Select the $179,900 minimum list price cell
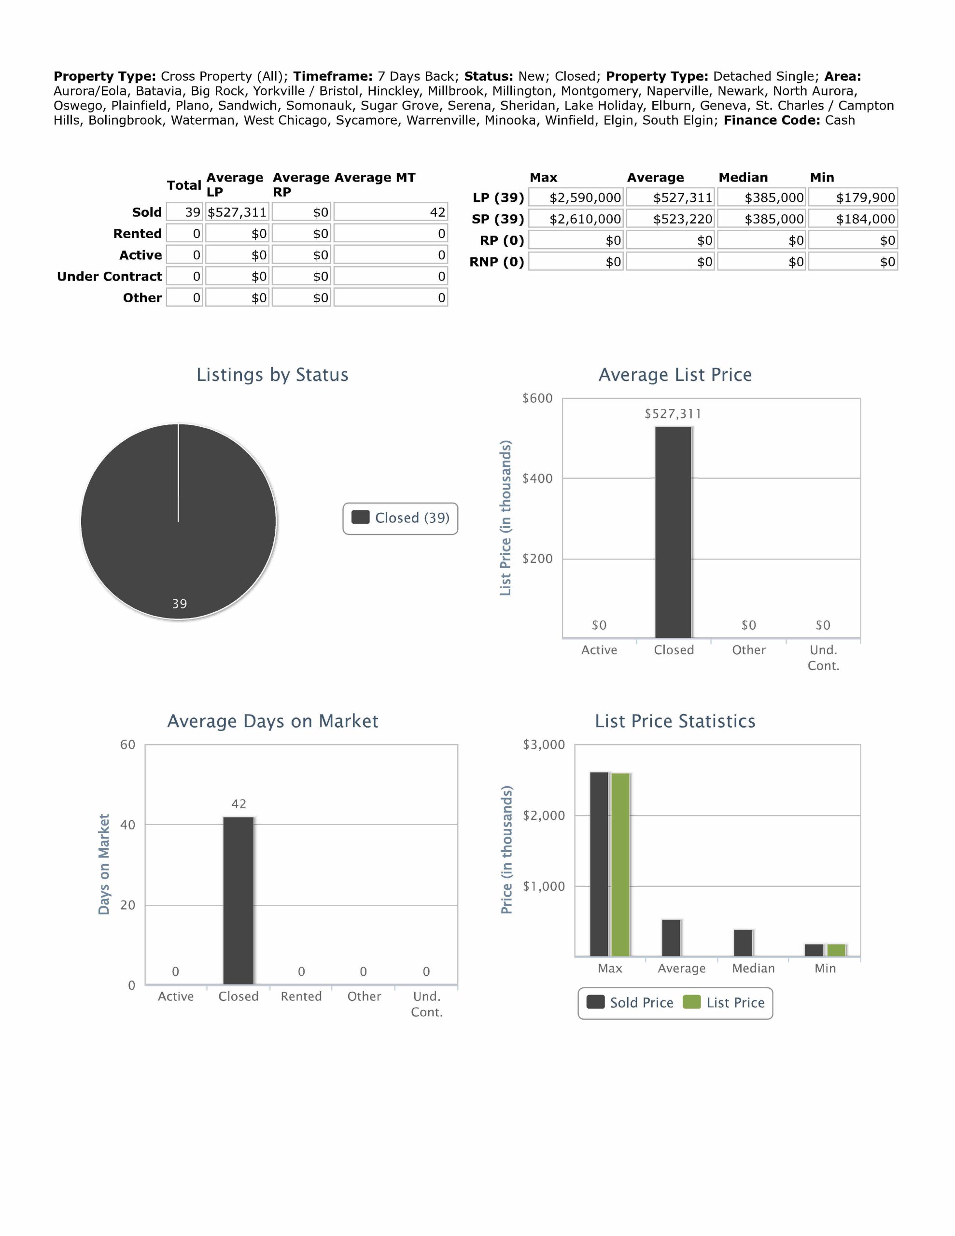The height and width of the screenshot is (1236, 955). click(853, 197)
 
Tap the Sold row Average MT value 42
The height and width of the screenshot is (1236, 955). click(391, 212)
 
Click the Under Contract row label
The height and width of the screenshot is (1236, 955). click(109, 276)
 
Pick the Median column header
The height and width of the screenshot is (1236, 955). click(743, 177)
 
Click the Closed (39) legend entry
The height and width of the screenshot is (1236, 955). click(400, 518)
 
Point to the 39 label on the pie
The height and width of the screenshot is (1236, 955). click(180, 604)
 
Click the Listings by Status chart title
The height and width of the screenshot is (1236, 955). click(272, 375)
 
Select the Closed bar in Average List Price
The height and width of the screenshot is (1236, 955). click(673, 532)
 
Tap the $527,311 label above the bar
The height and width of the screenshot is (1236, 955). click(673, 414)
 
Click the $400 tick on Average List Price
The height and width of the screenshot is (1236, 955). click(537, 478)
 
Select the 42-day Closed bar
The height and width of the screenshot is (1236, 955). click(239, 900)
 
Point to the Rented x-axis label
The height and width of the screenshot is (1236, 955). click(301, 996)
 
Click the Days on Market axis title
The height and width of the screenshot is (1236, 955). click(104, 864)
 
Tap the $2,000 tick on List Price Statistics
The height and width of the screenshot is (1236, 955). click(544, 815)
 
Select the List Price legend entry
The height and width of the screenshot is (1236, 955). click(724, 1002)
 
